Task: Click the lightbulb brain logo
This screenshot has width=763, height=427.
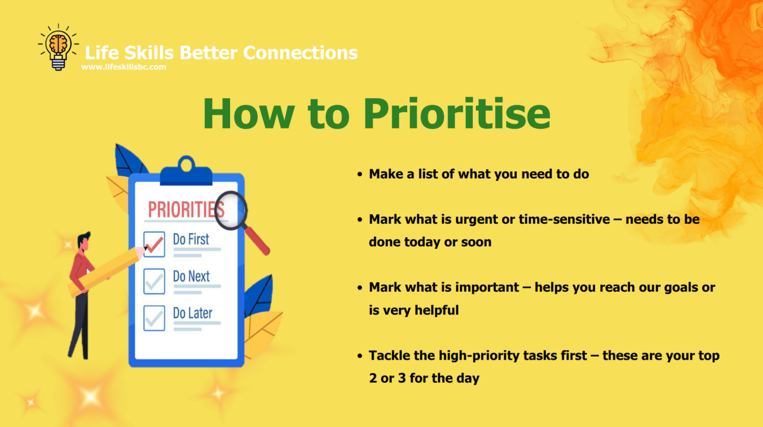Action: click(x=58, y=47)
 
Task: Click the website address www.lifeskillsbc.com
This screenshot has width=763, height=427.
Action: click(x=123, y=67)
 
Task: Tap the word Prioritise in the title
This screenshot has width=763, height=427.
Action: click(x=457, y=114)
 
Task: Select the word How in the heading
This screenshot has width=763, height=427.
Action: click(x=248, y=113)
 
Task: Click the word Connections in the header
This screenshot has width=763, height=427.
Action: click(x=300, y=53)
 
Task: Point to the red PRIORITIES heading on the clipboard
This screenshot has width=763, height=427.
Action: click(x=186, y=210)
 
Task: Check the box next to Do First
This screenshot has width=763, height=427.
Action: click(x=154, y=244)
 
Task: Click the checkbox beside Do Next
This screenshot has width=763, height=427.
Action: click(x=154, y=281)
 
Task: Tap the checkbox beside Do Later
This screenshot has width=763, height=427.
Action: click(x=154, y=318)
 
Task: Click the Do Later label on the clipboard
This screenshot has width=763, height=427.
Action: click(x=192, y=313)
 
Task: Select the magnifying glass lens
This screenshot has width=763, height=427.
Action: click(x=231, y=211)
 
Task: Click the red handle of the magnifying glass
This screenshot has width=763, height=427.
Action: click(x=257, y=241)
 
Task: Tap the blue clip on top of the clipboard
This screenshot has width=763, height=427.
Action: click(x=186, y=171)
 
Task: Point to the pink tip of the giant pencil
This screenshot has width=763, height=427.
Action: click(x=140, y=252)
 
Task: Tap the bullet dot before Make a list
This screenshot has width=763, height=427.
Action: click(x=360, y=175)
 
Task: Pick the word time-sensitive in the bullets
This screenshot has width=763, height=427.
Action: click(x=564, y=220)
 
